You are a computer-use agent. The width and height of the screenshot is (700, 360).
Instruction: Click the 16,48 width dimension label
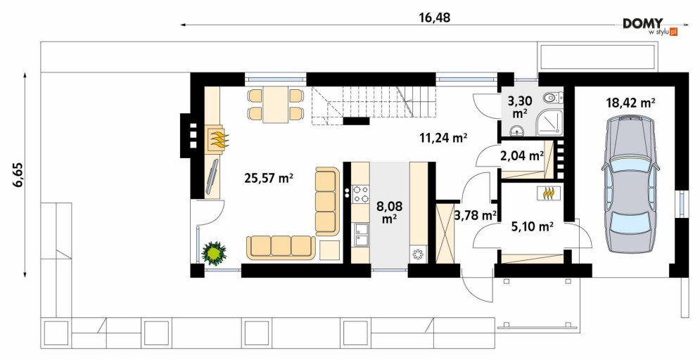click(434, 18)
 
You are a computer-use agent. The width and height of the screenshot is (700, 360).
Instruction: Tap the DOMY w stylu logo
click(650, 26)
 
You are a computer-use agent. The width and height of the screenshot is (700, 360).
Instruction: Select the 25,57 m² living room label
click(268, 179)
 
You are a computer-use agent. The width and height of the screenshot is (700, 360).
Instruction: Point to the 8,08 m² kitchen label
click(389, 212)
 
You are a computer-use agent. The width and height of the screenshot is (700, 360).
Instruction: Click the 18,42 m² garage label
click(630, 103)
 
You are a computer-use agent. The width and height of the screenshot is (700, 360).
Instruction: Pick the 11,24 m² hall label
click(443, 138)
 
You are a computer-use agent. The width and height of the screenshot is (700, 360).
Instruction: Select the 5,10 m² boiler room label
click(532, 227)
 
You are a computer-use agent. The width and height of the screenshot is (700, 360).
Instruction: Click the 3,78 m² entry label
click(476, 216)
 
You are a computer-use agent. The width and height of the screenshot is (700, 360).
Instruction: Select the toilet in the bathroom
click(554, 96)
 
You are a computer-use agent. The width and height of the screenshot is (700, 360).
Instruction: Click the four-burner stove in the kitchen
click(361, 194)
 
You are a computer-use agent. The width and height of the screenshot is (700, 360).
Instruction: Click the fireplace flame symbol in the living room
click(219, 139)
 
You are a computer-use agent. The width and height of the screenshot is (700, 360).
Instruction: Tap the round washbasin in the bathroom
click(517, 131)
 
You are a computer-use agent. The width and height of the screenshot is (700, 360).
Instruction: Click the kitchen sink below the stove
click(361, 235)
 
